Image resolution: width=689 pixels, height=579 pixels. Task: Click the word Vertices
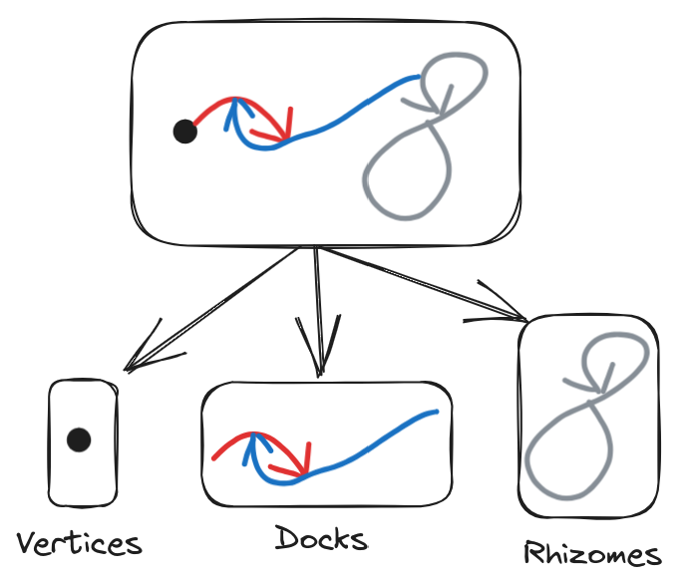[x=80, y=544]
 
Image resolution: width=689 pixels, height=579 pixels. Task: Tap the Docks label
[x=321, y=539]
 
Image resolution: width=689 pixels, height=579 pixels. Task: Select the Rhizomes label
[x=592, y=554]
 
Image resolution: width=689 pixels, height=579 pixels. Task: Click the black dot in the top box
[x=184, y=132]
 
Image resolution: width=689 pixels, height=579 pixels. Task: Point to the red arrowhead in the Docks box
[x=303, y=464]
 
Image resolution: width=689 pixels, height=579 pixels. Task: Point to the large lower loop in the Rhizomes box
[x=562, y=453]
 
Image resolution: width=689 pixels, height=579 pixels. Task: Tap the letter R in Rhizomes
[x=535, y=553]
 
